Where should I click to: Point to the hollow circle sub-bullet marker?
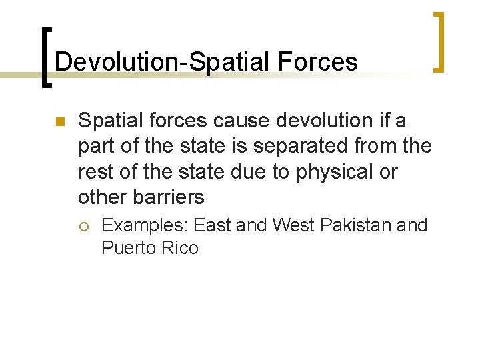[83, 225]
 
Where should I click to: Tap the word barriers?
[171, 197]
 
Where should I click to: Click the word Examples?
[136, 225]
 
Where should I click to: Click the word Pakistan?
[356, 225]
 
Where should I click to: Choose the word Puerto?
[126, 248]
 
